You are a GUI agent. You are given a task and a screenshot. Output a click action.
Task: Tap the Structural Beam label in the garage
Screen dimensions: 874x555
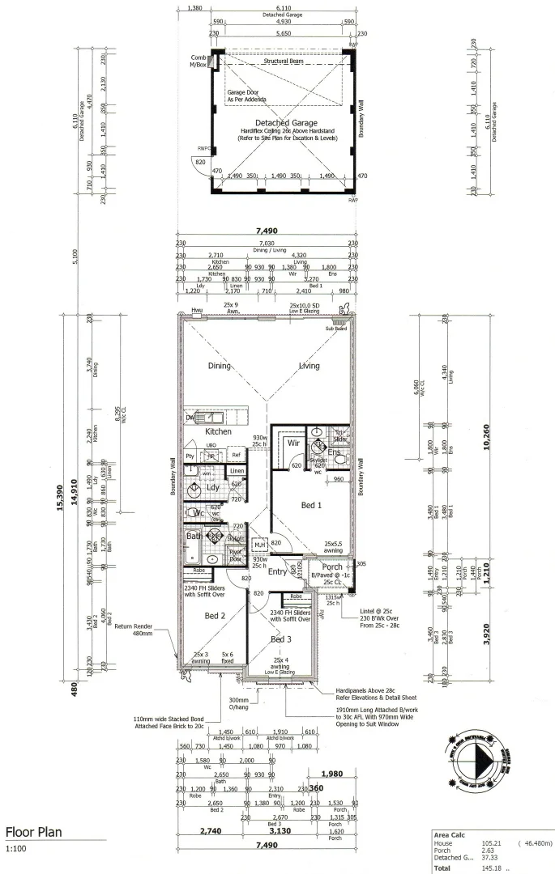283,61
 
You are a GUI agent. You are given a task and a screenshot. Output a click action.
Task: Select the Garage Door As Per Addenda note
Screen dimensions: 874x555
250,97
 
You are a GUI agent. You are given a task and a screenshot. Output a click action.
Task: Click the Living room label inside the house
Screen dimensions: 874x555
309,366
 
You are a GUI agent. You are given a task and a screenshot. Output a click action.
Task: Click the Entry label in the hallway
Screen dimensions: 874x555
278,571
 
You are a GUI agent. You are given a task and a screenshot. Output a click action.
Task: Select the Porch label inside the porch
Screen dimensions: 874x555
332,566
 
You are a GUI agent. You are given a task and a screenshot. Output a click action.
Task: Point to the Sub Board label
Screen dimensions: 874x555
335,329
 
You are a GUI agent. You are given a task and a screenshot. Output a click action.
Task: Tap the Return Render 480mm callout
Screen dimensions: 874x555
134,630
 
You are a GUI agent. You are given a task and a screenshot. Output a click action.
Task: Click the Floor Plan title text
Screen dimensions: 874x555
33,833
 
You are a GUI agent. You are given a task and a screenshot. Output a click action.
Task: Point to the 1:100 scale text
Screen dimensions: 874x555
15,850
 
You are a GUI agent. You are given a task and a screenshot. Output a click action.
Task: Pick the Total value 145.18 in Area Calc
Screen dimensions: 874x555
493,868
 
